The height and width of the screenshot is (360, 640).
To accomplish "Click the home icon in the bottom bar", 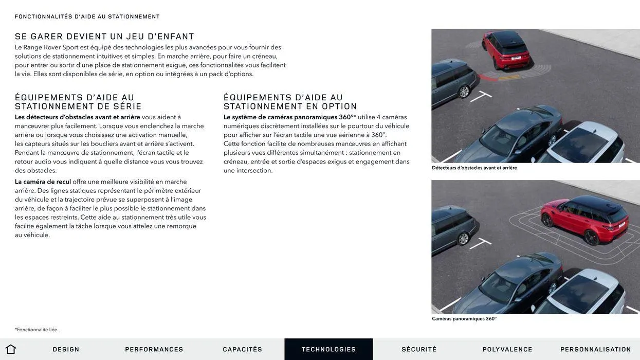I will click(x=10, y=349).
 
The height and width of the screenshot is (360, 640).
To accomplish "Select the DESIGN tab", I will click(x=66, y=349).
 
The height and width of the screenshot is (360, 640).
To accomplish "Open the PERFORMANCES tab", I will click(x=154, y=349).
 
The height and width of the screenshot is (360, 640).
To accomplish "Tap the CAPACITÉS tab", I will click(x=243, y=349).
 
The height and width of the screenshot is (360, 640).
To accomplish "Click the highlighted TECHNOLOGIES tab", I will click(x=328, y=349).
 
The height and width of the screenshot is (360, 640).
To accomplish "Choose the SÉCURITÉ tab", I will click(x=419, y=349).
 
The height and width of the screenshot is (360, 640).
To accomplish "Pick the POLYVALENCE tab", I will click(x=507, y=349).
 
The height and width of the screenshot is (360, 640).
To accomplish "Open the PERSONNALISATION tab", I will click(x=596, y=349).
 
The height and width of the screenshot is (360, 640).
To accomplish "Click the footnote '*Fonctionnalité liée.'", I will click(x=36, y=330).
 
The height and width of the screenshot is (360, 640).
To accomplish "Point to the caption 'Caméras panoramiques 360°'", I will click(x=464, y=319).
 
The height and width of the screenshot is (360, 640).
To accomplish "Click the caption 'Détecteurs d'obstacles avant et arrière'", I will click(x=474, y=168).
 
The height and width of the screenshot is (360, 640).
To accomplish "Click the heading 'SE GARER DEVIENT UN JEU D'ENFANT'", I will click(x=104, y=37).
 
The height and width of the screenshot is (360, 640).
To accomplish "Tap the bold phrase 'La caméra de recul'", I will click(x=43, y=182).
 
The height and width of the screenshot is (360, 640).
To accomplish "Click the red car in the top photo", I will click(x=505, y=49).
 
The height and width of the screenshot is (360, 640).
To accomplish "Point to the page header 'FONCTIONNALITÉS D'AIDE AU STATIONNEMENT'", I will click(x=87, y=16).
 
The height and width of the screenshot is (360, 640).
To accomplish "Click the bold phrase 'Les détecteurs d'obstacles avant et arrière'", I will click(x=77, y=117).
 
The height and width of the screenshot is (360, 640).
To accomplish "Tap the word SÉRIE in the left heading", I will click(x=127, y=106).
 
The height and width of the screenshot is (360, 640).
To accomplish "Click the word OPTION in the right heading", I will click(x=339, y=106).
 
